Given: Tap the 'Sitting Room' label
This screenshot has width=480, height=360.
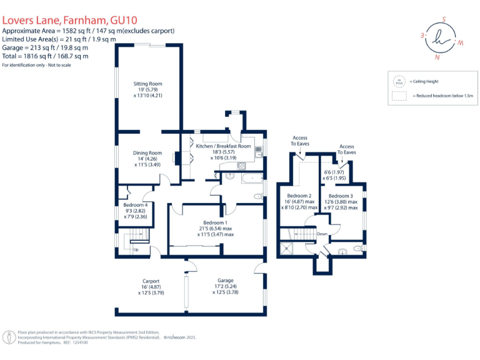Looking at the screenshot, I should click(147, 84).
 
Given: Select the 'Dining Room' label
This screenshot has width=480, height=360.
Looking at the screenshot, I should click(147, 153).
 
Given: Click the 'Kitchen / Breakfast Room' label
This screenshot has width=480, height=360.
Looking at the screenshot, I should click(223, 146).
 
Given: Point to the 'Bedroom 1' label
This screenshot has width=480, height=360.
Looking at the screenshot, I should click(215, 222).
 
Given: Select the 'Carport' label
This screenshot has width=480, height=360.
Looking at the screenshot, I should click(151, 281).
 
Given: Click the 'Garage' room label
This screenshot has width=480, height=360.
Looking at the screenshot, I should click(225, 281).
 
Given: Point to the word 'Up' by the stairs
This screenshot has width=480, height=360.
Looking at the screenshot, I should click(136, 251).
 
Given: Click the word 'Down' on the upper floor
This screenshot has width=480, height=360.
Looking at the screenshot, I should click(322, 234).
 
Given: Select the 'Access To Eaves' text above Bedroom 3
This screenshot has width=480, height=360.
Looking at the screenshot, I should click(347, 150).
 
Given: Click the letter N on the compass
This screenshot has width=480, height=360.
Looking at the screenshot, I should click(437, 57).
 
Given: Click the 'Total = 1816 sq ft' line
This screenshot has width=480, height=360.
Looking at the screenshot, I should click(44, 55).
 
